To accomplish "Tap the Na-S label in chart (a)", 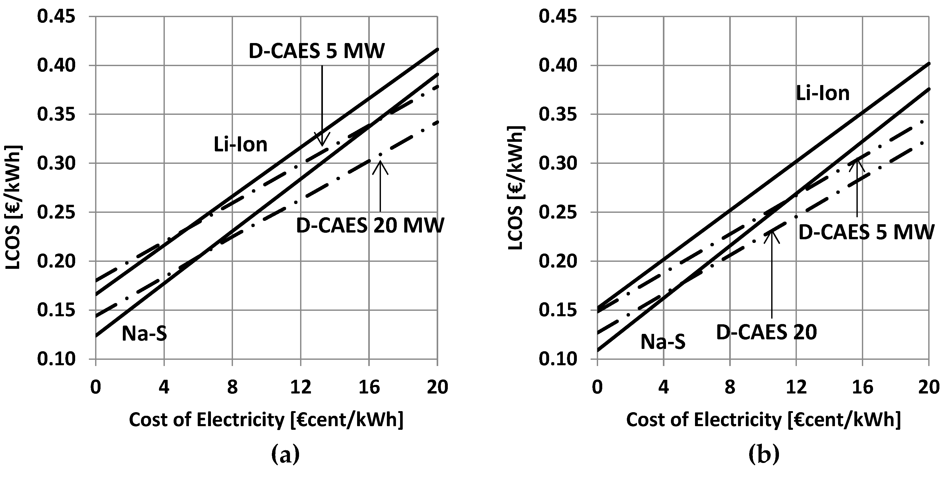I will coord(144,334).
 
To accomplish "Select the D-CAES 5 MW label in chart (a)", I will coord(316,51).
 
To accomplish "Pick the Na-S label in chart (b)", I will coord(663,342).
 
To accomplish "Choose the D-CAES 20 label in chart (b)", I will coord(766,332).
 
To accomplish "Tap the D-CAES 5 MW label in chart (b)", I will coord(866,232).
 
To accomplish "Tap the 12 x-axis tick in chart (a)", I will coord(301,387).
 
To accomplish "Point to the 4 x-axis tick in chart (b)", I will coord(663,387).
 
